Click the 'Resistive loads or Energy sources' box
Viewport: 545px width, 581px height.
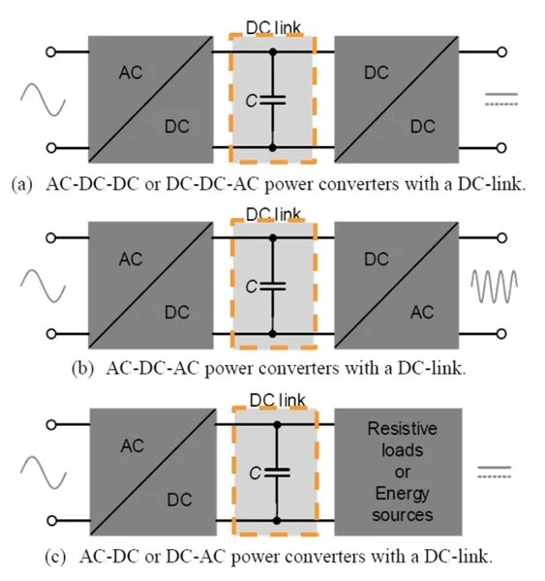(398, 472)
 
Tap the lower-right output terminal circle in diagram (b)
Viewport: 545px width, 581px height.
(503, 333)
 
